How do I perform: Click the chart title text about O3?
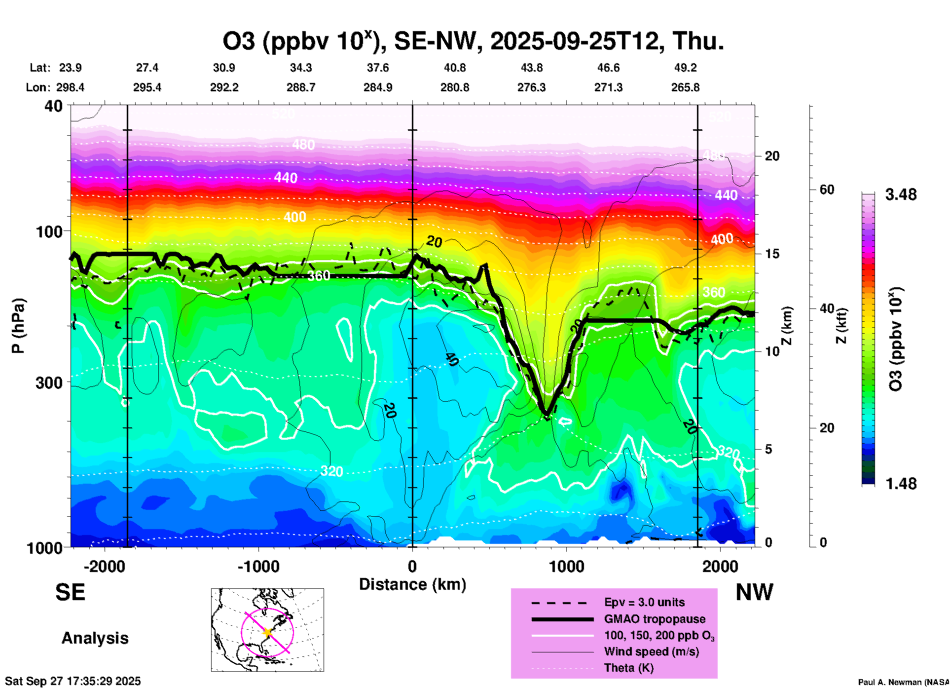coord(473,41)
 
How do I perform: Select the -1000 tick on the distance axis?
coord(258,567)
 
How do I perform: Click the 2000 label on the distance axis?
coord(720,567)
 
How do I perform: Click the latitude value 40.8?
coord(455,68)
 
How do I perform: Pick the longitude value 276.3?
coord(531,87)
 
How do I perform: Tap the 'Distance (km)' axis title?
coord(412,584)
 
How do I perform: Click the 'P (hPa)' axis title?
coord(18,326)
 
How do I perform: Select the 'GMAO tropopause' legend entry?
coord(655,619)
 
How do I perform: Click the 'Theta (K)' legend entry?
coord(628,668)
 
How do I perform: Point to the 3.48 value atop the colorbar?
coord(901,195)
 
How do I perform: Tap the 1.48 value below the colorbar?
coord(901,484)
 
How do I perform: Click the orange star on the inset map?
coord(267,632)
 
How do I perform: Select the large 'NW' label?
coord(754,592)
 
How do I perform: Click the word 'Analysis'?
coord(95,638)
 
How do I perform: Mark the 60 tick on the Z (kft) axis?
coord(827,190)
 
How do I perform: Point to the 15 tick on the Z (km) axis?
coord(772,254)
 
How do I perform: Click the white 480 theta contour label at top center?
coord(303,145)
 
